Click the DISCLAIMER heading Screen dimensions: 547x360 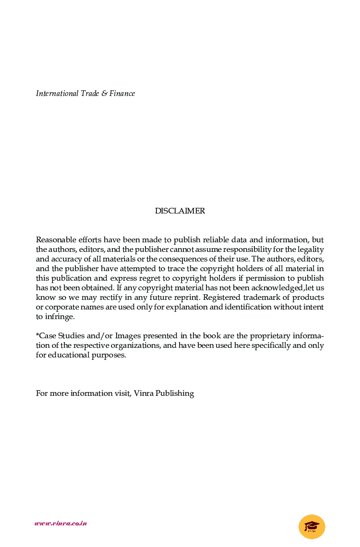180,211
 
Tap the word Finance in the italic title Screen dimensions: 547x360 122,94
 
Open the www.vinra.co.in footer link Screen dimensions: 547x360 60,523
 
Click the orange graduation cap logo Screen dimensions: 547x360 312,527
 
